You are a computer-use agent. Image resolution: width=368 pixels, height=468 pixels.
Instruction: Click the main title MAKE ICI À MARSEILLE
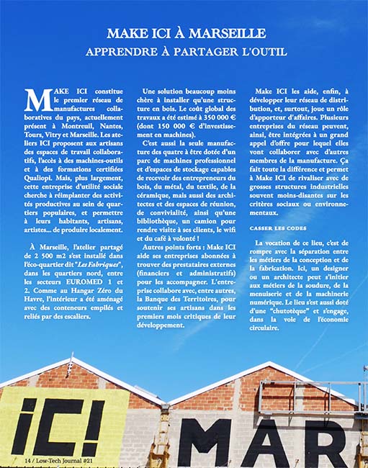(186, 33)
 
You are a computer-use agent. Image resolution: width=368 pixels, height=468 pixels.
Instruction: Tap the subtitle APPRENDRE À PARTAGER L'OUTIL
(186, 52)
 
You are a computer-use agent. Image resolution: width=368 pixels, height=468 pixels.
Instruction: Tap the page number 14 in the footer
(27, 459)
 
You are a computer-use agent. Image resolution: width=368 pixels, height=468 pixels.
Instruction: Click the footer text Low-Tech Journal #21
(70, 459)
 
